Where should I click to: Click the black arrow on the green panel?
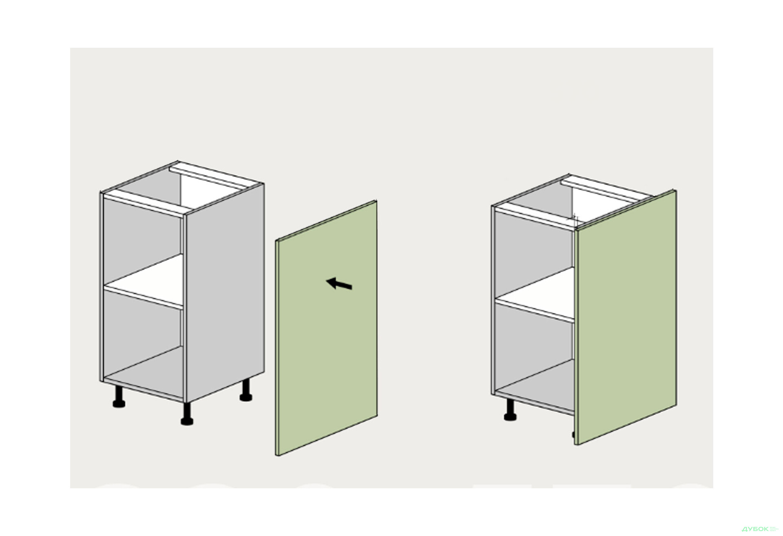(x=339, y=284)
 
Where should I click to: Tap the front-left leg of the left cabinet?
(x=119, y=396)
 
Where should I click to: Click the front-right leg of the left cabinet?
(x=187, y=414)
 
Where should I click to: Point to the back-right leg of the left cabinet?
(x=246, y=390)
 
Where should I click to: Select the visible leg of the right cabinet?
(x=510, y=410)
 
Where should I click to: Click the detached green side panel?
(x=326, y=328)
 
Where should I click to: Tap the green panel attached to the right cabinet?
(x=626, y=317)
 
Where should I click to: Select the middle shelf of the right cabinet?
(x=535, y=295)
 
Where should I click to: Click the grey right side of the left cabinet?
(x=225, y=292)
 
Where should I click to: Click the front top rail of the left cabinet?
(x=144, y=206)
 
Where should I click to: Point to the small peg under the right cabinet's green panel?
(x=573, y=435)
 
